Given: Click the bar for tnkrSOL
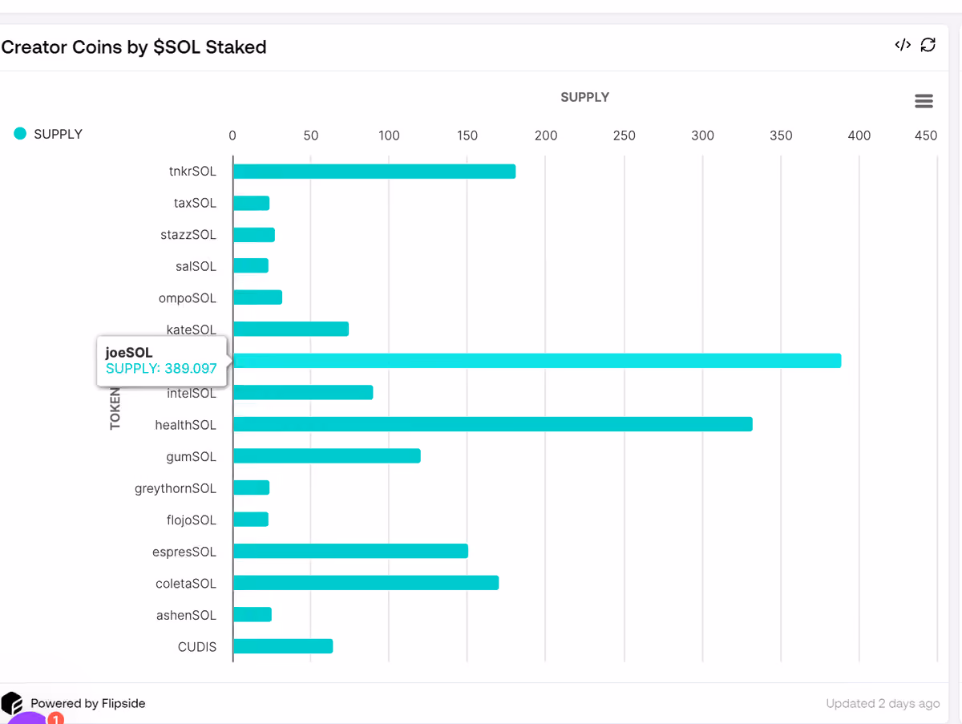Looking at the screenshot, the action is [374, 172].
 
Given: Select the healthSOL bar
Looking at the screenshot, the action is [492, 424].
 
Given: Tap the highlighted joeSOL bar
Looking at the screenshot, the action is [537, 361].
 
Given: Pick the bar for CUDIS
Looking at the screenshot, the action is [283, 646].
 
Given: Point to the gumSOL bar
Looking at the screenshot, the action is [326, 455].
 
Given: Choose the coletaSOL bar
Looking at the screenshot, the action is [366, 583].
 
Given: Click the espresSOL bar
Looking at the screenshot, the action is [350, 551].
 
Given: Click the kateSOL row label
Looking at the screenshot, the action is [191, 330].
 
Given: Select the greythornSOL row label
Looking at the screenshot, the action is [176, 488].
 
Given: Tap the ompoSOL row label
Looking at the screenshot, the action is [187, 298].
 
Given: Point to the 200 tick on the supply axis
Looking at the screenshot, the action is [546, 135].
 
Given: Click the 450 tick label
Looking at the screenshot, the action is [926, 135].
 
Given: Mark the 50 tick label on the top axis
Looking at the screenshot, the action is [311, 135].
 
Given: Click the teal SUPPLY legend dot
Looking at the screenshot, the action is [20, 133].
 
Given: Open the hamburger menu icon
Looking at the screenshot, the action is [924, 101].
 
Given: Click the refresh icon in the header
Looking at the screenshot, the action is [928, 45].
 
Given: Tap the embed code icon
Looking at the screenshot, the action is [903, 45].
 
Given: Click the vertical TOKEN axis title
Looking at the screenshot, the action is [115, 409].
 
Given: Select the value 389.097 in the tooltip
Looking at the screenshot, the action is [191, 369].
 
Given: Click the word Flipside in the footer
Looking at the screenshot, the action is [123, 703].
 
